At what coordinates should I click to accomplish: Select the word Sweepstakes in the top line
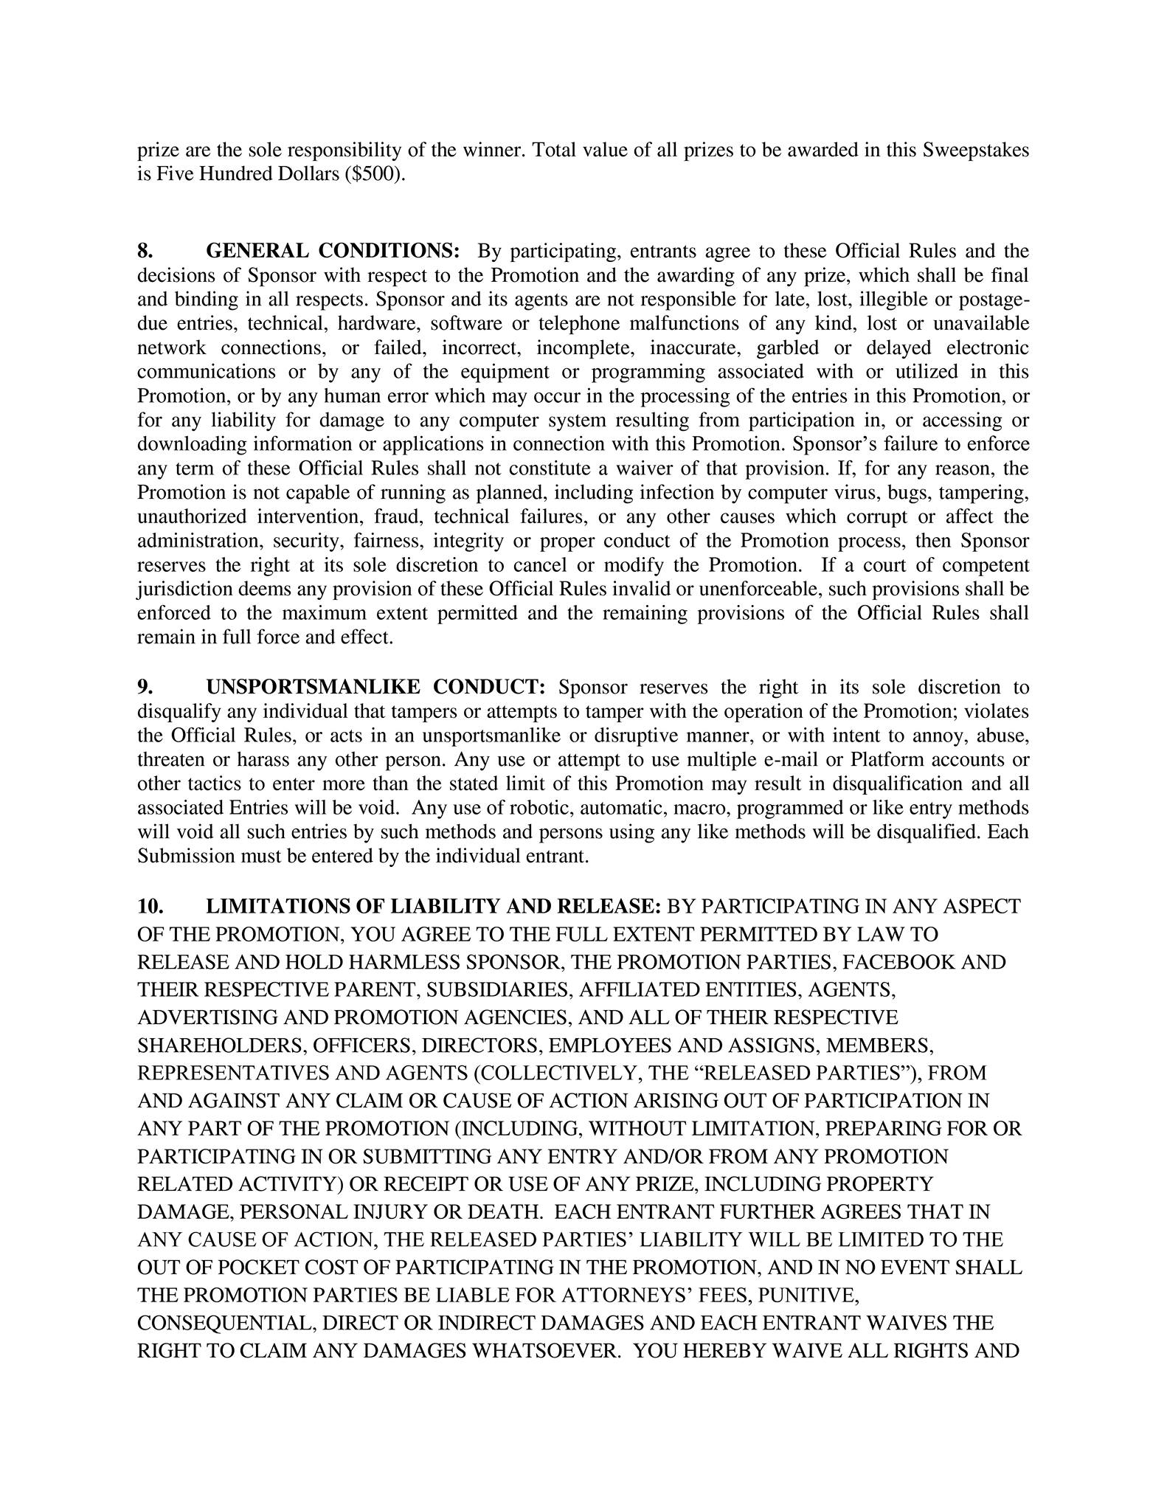coord(976,151)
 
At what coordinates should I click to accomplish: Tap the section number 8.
coord(145,251)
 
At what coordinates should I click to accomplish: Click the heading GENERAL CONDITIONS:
coord(333,251)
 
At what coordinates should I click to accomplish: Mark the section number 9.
coord(145,687)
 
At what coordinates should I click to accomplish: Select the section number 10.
coord(150,906)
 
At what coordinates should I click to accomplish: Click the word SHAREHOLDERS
coord(221,1045)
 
